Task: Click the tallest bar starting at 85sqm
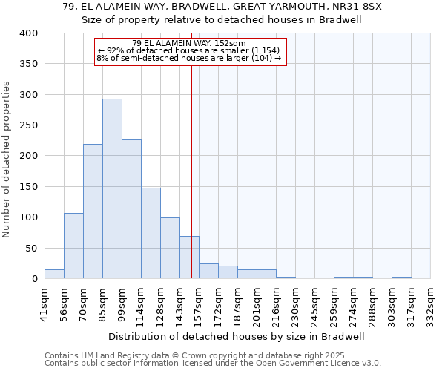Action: point(112,188)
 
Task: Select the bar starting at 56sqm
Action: point(73,246)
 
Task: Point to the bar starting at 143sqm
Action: point(189,257)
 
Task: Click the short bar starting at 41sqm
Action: point(54,274)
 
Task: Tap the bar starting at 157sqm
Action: point(208,272)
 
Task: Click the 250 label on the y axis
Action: point(28,125)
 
